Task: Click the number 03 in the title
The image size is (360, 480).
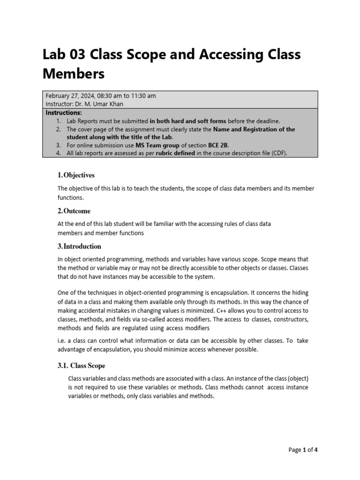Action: click(80, 55)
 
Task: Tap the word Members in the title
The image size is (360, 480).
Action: click(74, 74)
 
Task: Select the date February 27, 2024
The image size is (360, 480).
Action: click(70, 96)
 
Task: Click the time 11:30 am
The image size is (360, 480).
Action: click(143, 96)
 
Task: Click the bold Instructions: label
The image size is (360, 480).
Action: click(64, 113)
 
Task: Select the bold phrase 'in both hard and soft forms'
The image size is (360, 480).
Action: click(187, 121)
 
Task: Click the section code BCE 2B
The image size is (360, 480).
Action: click(221, 145)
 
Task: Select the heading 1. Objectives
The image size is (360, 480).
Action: click(76, 175)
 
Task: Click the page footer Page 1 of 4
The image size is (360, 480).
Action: click(303, 450)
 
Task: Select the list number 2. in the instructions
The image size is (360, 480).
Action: click(59, 129)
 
